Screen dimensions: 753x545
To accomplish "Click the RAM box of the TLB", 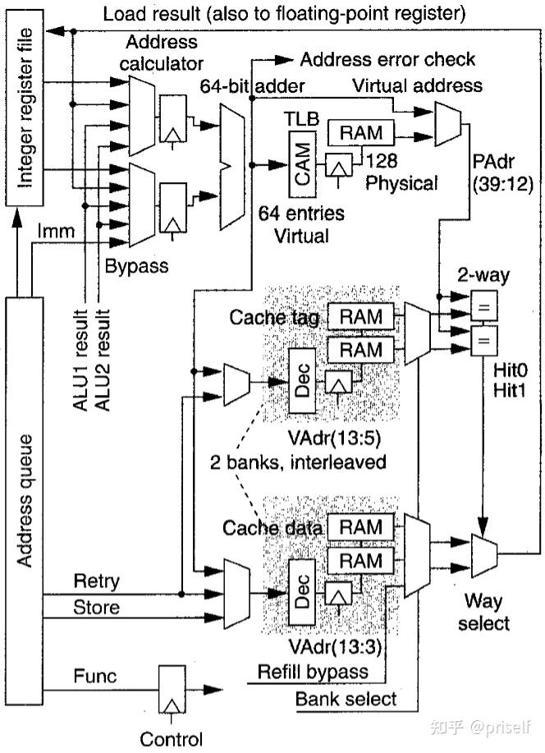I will pos(360,131).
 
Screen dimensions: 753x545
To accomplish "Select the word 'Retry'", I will pos(96,581).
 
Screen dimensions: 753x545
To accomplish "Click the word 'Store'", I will pos(96,607).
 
